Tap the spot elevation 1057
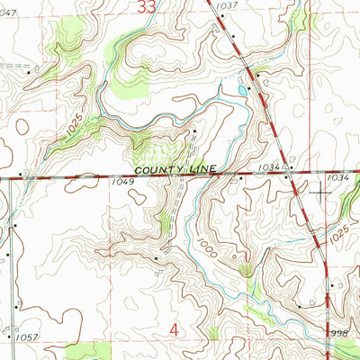(x=26, y=337)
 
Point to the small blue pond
(x=242, y=90)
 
